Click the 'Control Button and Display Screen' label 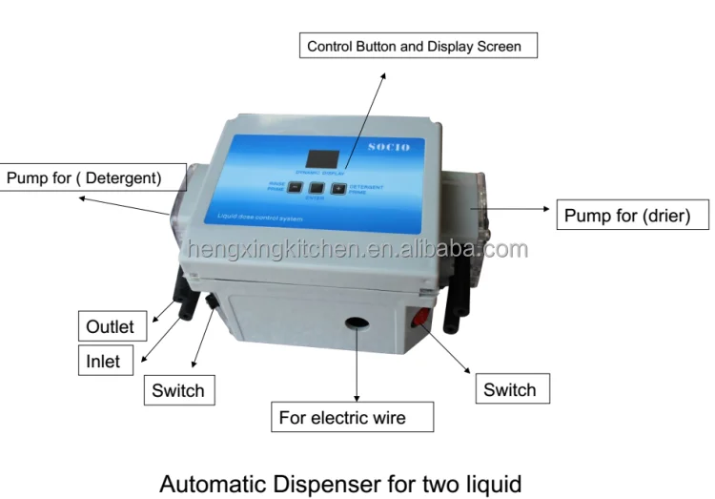pos(412,45)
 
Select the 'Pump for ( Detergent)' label pos(84,177)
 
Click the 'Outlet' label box pos(110,326)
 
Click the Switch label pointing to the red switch pos(509,389)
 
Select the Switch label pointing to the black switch pos(177,390)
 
